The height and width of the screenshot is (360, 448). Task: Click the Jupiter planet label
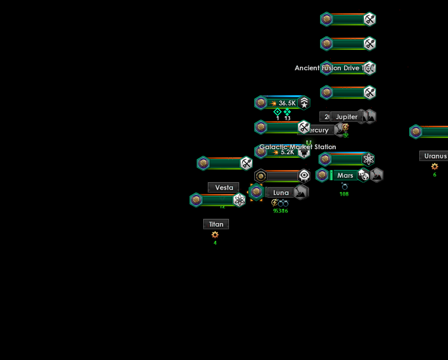tap(347, 117)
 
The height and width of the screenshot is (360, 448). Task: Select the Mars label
tap(345, 175)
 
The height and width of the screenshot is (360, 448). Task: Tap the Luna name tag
tap(281, 192)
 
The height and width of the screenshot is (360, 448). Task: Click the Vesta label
tap(224, 187)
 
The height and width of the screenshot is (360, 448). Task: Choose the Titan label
tap(216, 224)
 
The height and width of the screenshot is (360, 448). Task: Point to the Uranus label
tap(435, 156)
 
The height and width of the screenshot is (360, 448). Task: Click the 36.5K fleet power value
tap(287, 103)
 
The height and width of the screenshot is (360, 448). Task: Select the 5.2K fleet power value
tap(287, 152)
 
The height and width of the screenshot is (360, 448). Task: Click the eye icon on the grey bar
tap(304, 176)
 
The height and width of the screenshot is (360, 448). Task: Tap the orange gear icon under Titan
tap(215, 235)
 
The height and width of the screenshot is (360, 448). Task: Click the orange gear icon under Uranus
tap(435, 167)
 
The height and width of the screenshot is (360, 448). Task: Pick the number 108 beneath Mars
tap(344, 194)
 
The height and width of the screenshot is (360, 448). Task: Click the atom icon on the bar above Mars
tap(368, 159)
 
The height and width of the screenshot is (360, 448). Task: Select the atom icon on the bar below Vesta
tap(239, 200)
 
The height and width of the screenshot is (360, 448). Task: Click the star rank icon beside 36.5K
tap(304, 103)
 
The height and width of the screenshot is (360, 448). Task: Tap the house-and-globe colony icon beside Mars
tap(363, 175)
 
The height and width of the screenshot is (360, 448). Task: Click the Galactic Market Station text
tap(298, 147)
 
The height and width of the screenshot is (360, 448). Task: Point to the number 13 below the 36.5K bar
tap(287, 118)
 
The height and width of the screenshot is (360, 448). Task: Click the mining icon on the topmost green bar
tap(370, 19)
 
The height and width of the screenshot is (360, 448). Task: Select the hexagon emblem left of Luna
tap(257, 192)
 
